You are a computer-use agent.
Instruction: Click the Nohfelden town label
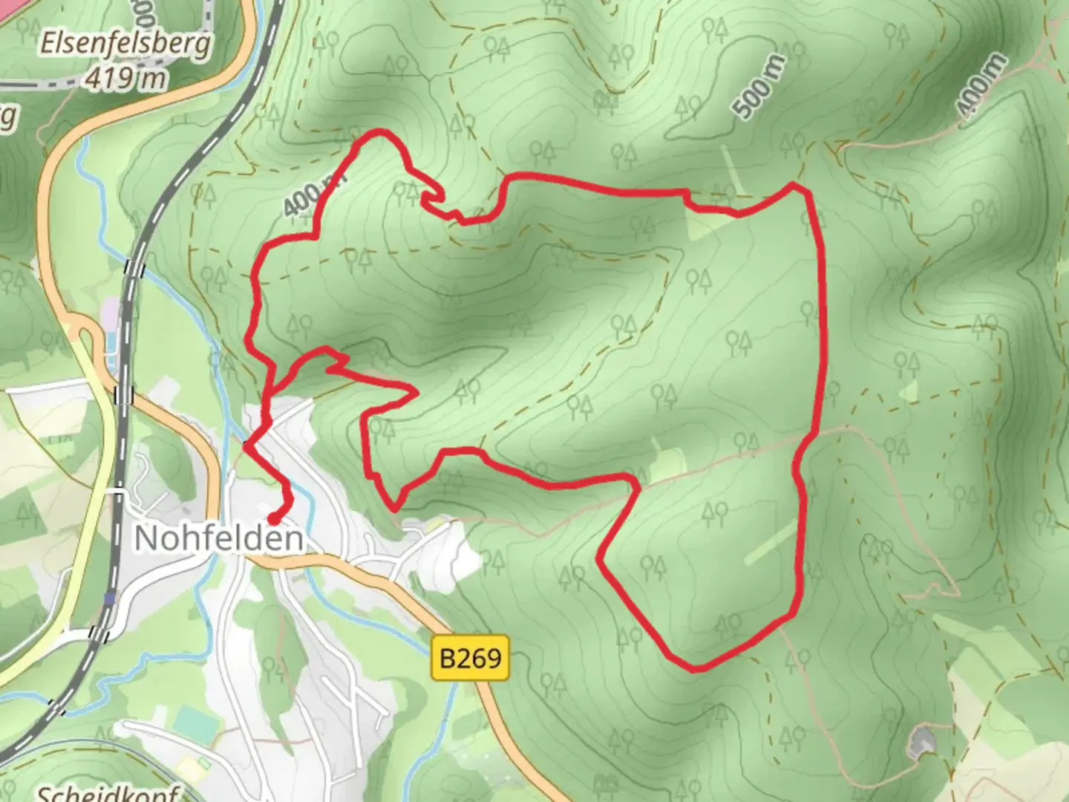coord(219,538)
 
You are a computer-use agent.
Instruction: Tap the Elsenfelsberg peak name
coord(125,45)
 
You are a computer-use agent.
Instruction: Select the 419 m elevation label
coord(125,77)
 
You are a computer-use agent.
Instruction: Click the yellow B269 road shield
coord(471,657)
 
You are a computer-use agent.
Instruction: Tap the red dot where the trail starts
coord(274,518)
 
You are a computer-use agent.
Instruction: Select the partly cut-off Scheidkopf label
coord(108,793)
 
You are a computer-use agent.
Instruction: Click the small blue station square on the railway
coord(110,598)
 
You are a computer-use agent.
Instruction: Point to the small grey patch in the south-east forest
coord(921,741)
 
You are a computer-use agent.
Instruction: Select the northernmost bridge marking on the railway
coord(134,267)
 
